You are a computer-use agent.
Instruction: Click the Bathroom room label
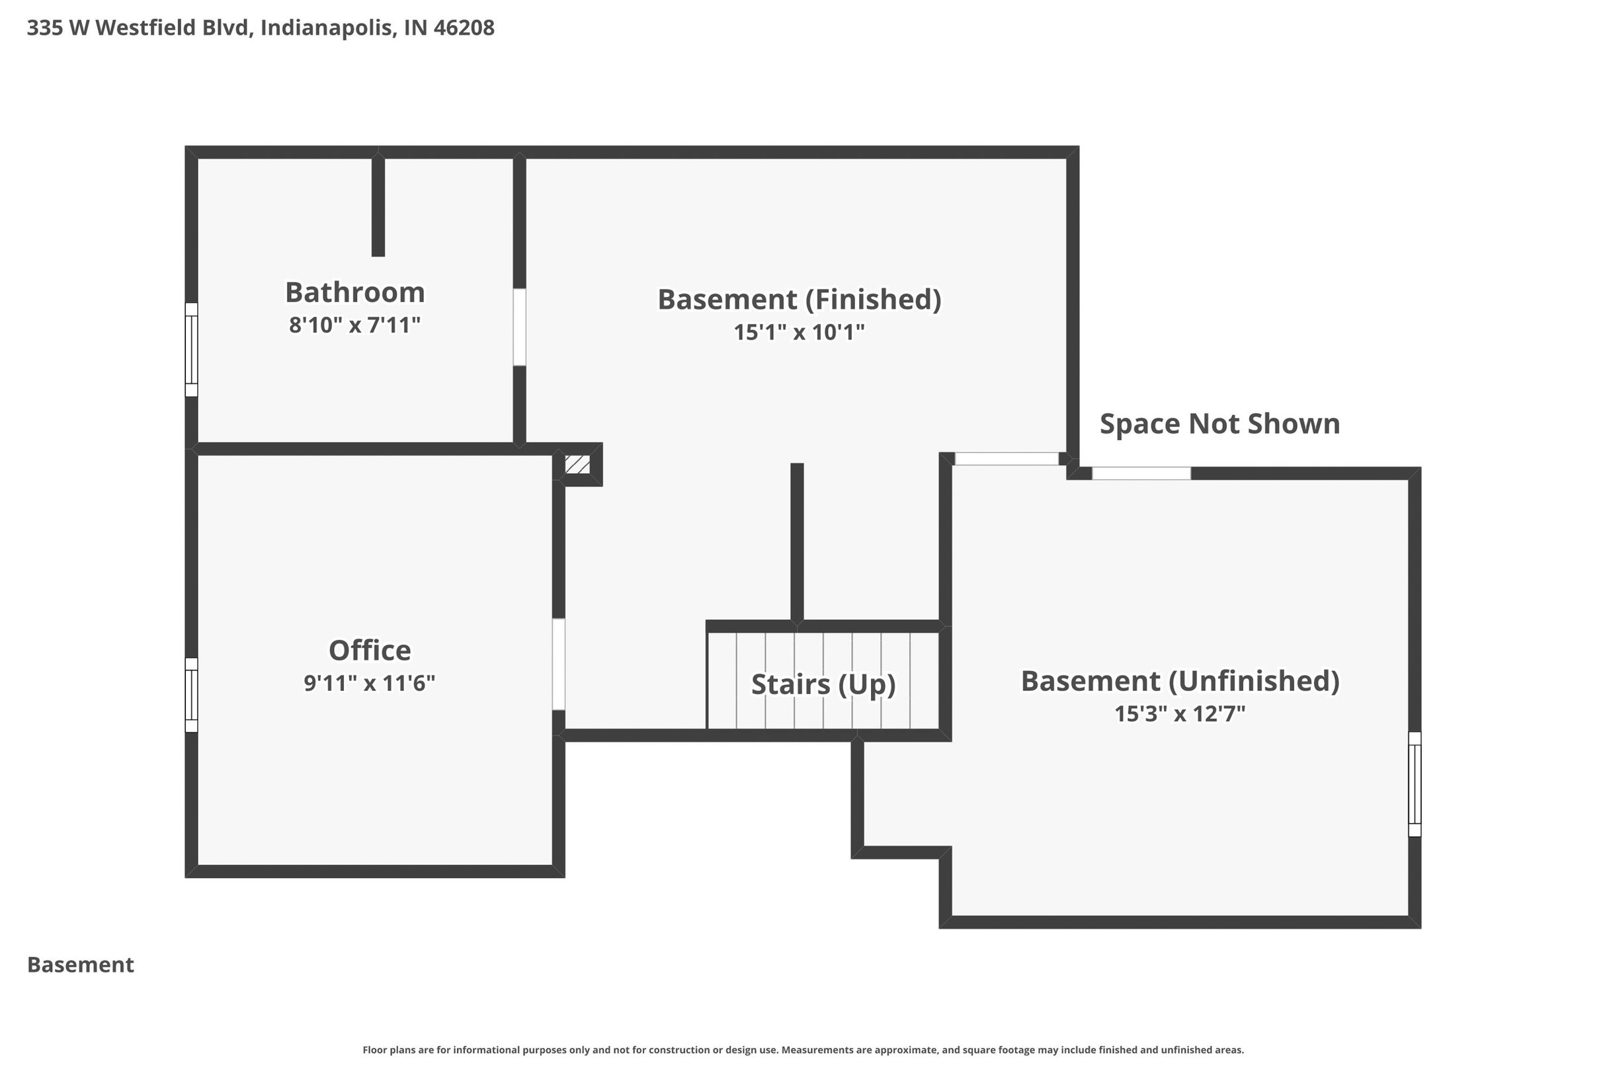click(x=354, y=292)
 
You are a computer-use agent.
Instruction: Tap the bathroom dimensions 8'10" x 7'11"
click(x=354, y=325)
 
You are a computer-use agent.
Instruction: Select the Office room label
click(x=370, y=651)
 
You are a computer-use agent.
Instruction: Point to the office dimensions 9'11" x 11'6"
click(x=370, y=682)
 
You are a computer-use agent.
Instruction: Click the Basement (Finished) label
click(x=800, y=300)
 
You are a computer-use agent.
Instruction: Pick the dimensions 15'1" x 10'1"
click(x=800, y=332)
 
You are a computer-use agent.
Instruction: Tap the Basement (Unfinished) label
click(x=1180, y=681)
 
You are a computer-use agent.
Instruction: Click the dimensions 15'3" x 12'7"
click(x=1180, y=713)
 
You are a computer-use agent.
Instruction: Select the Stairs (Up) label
click(x=823, y=684)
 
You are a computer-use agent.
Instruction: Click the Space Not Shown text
click(x=1219, y=424)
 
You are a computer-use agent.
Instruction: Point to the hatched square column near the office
click(x=577, y=465)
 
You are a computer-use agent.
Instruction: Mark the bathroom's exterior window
click(x=191, y=350)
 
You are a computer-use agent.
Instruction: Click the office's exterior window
click(x=191, y=695)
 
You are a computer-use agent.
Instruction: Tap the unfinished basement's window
click(x=1415, y=784)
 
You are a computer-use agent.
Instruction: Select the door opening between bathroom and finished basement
click(x=519, y=327)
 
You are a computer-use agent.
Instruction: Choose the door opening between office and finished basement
click(x=558, y=664)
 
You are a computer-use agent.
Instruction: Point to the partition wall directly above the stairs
click(x=797, y=543)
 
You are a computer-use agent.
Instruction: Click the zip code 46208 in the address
click(x=464, y=28)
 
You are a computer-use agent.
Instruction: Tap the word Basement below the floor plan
click(x=81, y=965)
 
